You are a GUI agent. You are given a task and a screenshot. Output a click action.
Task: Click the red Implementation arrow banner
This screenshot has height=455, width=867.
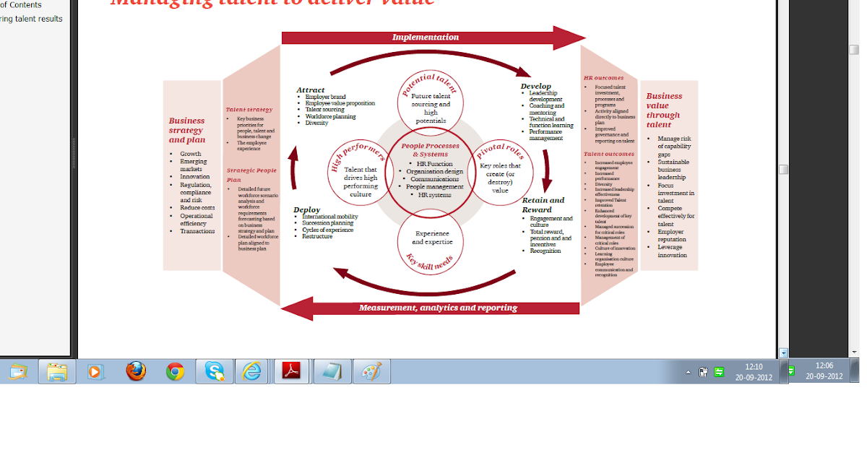click(x=426, y=38)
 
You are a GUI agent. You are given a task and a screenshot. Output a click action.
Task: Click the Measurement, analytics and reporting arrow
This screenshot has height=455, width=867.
click(x=437, y=308)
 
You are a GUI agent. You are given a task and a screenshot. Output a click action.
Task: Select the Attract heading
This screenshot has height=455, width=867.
click(x=311, y=90)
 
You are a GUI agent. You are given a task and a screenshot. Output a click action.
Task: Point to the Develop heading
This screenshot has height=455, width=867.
click(x=535, y=87)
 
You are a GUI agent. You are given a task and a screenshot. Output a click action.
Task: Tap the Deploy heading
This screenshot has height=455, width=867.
click(x=306, y=210)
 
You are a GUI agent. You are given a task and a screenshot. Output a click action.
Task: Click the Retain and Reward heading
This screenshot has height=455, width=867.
click(x=543, y=205)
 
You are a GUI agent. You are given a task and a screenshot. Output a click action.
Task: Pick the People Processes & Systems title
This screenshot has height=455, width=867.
click(x=431, y=149)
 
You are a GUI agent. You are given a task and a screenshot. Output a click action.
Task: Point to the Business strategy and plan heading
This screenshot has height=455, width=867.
click(x=187, y=130)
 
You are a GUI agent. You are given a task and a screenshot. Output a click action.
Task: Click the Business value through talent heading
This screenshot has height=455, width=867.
click(x=663, y=110)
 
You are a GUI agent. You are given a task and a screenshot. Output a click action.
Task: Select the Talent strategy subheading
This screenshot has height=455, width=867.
click(x=249, y=110)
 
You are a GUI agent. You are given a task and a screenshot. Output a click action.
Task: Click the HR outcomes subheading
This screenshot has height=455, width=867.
click(x=603, y=78)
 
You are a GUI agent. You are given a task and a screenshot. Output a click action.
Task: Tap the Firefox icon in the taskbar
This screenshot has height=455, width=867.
click(x=135, y=371)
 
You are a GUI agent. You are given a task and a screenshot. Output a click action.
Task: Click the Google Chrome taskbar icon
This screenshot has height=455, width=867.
click(x=174, y=371)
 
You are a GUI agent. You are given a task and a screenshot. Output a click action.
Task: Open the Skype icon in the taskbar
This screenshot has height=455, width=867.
click(x=214, y=371)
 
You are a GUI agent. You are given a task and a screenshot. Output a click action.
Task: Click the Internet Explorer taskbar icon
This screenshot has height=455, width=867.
click(x=251, y=371)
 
